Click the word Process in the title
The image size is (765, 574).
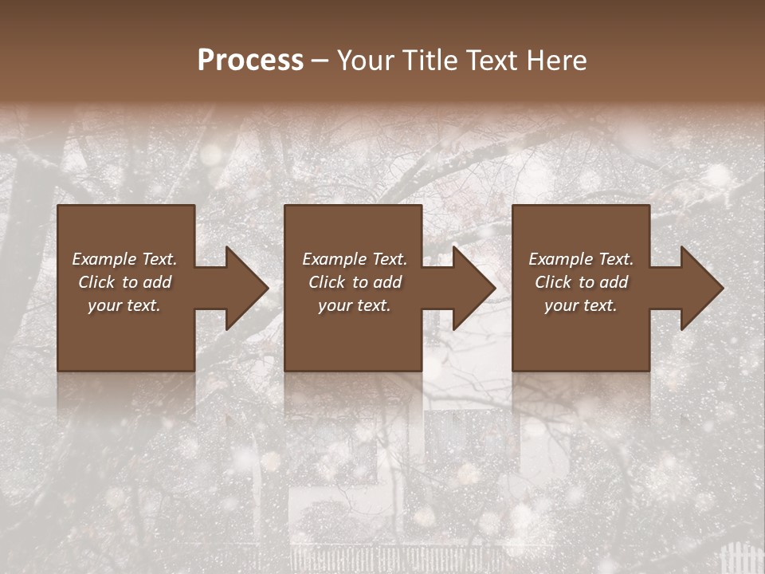coord(250,61)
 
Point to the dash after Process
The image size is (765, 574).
coord(320,61)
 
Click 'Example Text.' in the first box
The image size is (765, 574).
coord(125,259)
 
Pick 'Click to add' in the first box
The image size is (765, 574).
coord(125,282)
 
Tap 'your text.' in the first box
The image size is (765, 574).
coord(125,305)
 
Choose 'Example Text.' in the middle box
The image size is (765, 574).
coord(355,259)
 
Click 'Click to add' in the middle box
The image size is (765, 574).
coord(355,282)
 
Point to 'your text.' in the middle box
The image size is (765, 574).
coord(355,305)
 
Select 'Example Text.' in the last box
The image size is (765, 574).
coord(581,259)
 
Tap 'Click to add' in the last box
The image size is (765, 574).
coord(581,282)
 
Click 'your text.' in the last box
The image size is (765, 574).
coord(581,305)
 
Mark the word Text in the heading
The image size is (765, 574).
coord(488,61)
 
